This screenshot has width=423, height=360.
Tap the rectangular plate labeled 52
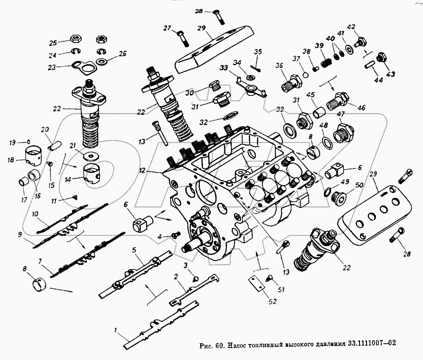[x=255, y=284]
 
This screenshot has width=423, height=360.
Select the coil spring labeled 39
[x=325, y=62]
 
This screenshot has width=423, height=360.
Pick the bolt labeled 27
[x=182, y=37]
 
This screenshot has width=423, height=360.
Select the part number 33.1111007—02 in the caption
[x=372, y=344]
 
